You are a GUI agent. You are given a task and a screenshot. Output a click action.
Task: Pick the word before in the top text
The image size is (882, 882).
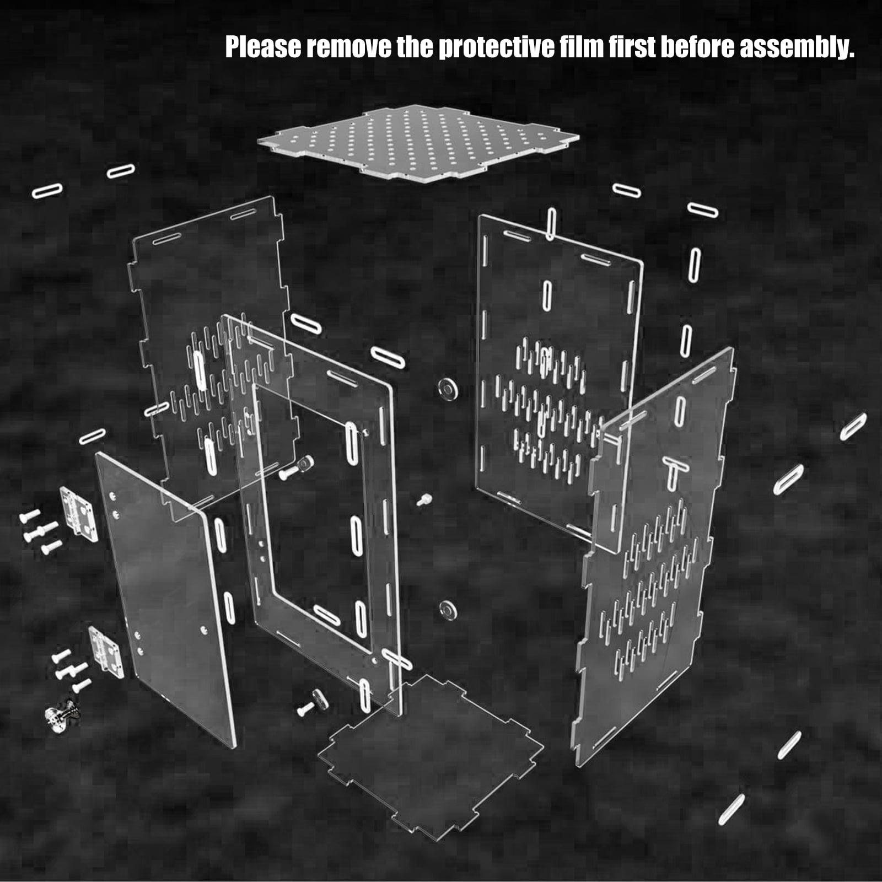click(x=697, y=47)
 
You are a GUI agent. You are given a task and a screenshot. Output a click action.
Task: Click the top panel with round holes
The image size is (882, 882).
click(x=418, y=141)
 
